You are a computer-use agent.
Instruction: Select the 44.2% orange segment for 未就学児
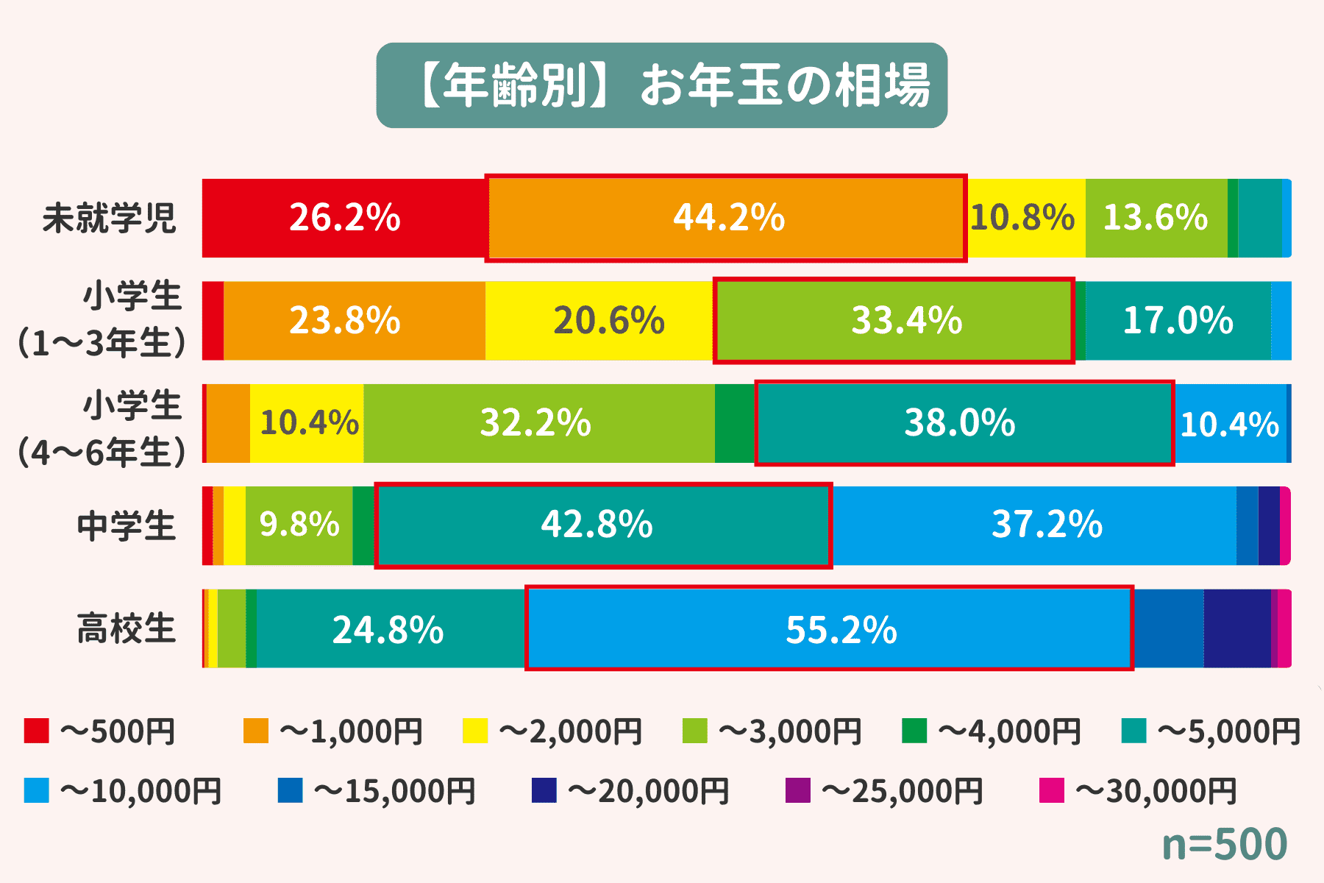point(726,218)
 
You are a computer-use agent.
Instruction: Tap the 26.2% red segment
point(344,218)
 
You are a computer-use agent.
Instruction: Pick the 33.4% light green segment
point(894,320)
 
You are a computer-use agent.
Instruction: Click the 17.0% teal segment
point(1178,320)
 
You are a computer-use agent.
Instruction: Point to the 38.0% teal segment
point(964,423)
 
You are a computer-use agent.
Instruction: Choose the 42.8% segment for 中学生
point(603,525)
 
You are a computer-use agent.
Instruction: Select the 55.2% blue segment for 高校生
point(829,628)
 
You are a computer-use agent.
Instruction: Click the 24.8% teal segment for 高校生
point(390,628)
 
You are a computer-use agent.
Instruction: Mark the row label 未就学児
point(110,218)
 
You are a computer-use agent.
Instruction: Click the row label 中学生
point(127,525)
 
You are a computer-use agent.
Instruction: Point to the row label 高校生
point(127,628)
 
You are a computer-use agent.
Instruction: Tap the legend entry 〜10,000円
point(124,791)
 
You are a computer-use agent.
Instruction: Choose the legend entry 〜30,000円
point(1139,791)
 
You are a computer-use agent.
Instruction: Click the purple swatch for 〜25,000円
point(798,791)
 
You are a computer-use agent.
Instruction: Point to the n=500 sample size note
point(1225,844)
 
